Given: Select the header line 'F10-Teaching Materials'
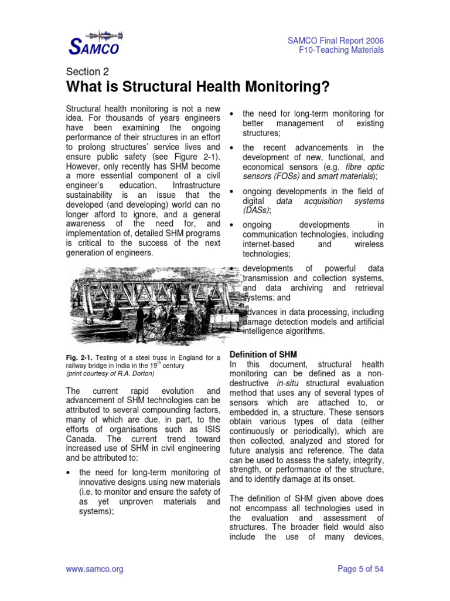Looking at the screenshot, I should pyautogui.click(x=341, y=50).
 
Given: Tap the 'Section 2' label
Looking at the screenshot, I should pyautogui.click(x=87, y=72).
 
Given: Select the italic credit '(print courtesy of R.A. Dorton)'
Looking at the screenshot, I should pyautogui.click(x=110, y=373).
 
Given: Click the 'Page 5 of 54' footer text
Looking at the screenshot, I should pyautogui.click(x=361, y=569).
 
